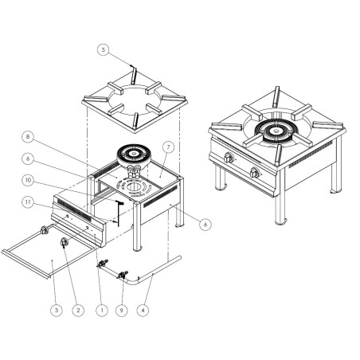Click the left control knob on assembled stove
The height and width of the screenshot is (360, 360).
pyautogui.click(x=230, y=158)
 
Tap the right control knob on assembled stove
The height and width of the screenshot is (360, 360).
pyautogui.click(x=255, y=174)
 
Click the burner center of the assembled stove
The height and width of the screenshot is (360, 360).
pyautogui.click(x=276, y=133)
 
